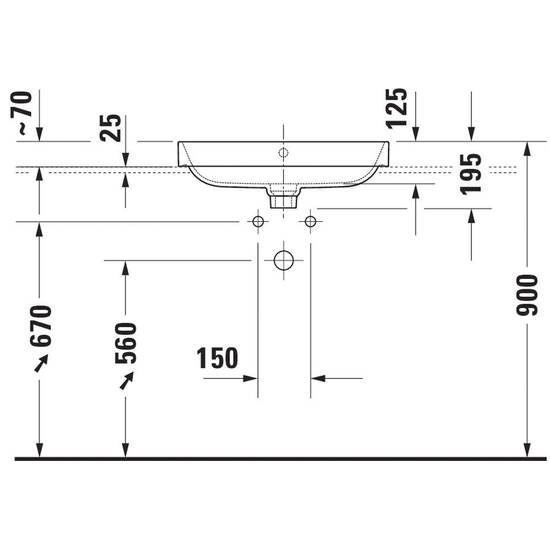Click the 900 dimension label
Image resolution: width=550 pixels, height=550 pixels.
[x=527, y=295]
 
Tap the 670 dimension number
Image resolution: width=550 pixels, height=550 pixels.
[x=41, y=326]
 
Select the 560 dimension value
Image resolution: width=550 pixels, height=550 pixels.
[x=125, y=343]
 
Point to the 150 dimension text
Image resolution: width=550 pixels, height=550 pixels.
[x=217, y=358]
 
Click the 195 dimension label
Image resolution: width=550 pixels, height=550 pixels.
[x=471, y=174]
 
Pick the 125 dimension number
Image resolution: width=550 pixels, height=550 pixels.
[x=397, y=108]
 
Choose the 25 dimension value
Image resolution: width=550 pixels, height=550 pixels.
[x=110, y=128]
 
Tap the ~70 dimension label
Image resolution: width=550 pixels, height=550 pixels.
[x=22, y=113]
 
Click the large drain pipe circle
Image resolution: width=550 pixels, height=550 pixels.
[x=283, y=261]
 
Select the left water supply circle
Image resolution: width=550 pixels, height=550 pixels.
[x=258, y=222]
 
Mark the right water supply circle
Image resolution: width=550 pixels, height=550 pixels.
[x=310, y=222]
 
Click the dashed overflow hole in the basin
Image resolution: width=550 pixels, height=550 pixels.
[x=283, y=152]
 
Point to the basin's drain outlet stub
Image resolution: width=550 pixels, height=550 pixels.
[x=283, y=202]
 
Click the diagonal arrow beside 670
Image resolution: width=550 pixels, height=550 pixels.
[x=41, y=363]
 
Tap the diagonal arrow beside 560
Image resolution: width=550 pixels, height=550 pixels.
[x=127, y=381]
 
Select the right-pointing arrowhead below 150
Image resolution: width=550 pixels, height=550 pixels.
[x=250, y=378]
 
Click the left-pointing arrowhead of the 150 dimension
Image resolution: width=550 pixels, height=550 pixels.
[x=318, y=378]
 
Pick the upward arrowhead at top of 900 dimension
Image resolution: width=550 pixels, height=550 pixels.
[x=527, y=149]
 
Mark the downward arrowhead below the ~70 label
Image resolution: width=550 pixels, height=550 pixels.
[x=39, y=134]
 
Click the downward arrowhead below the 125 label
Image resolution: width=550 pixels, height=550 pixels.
[x=416, y=134]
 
